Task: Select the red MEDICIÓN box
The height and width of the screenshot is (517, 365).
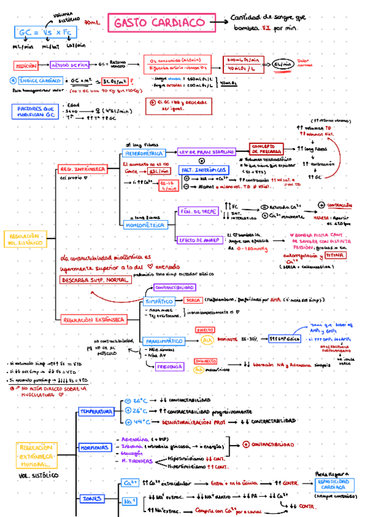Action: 26,63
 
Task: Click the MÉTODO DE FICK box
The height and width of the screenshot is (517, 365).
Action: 71,63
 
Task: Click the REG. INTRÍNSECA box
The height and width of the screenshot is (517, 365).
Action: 82,168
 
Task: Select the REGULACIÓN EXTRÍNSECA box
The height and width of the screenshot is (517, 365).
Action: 94,319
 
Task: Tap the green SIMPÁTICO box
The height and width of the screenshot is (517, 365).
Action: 159,301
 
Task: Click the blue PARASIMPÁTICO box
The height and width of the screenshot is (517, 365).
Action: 162,341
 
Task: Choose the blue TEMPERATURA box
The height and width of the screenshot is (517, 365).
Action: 96,412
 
